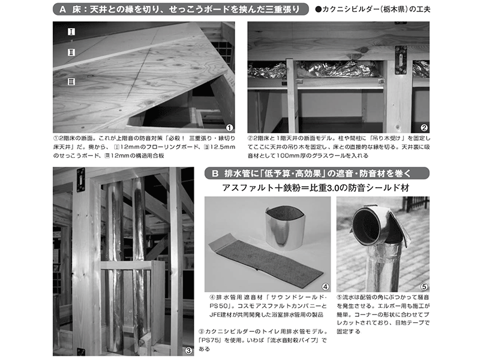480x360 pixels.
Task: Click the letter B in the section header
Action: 214,173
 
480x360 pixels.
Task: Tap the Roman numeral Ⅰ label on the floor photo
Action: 71,31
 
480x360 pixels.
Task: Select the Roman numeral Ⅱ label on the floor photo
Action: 71,53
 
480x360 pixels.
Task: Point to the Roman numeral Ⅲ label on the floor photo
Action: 71,80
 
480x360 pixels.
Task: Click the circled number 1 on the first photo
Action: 229,127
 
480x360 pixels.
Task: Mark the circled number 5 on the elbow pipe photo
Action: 424,287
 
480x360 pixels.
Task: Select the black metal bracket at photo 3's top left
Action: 80,178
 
